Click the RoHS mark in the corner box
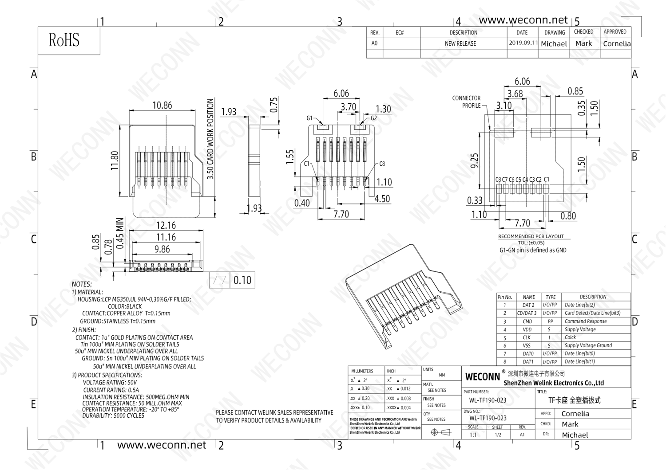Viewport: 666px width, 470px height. click(64, 40)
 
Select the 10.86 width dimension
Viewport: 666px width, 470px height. click(162, 106)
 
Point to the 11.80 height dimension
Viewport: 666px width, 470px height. click(115, 161)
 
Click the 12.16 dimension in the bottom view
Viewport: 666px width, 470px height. click(166, 226)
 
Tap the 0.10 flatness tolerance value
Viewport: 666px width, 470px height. click(242, 280)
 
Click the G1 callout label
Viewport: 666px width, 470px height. click(309, 118)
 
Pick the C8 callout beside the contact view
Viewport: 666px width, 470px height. click(382, 164)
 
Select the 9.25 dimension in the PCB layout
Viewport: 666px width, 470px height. click(475, 161)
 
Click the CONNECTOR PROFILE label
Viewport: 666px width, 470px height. click(466, 102)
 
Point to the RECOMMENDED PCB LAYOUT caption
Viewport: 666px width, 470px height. click(531, 236)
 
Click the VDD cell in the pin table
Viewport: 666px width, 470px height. click(527, 329)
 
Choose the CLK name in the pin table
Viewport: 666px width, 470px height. click(527, 337)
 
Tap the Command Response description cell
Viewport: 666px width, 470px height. click(585, 321)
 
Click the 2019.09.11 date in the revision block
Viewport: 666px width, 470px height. click(523, 43)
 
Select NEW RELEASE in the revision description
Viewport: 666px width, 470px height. click(460, 43)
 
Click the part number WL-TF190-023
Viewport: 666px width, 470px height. click(488, 400)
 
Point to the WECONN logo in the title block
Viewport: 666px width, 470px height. click(482, 377)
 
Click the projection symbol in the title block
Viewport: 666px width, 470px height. click(440, 432)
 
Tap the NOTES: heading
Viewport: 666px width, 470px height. click(82, 284)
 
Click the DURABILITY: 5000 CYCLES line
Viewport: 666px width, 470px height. click(113, 415)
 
